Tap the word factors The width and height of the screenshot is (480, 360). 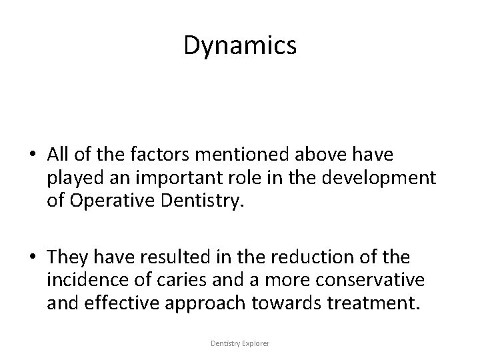coord(146,155)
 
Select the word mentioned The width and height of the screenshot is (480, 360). coord(217,155)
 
